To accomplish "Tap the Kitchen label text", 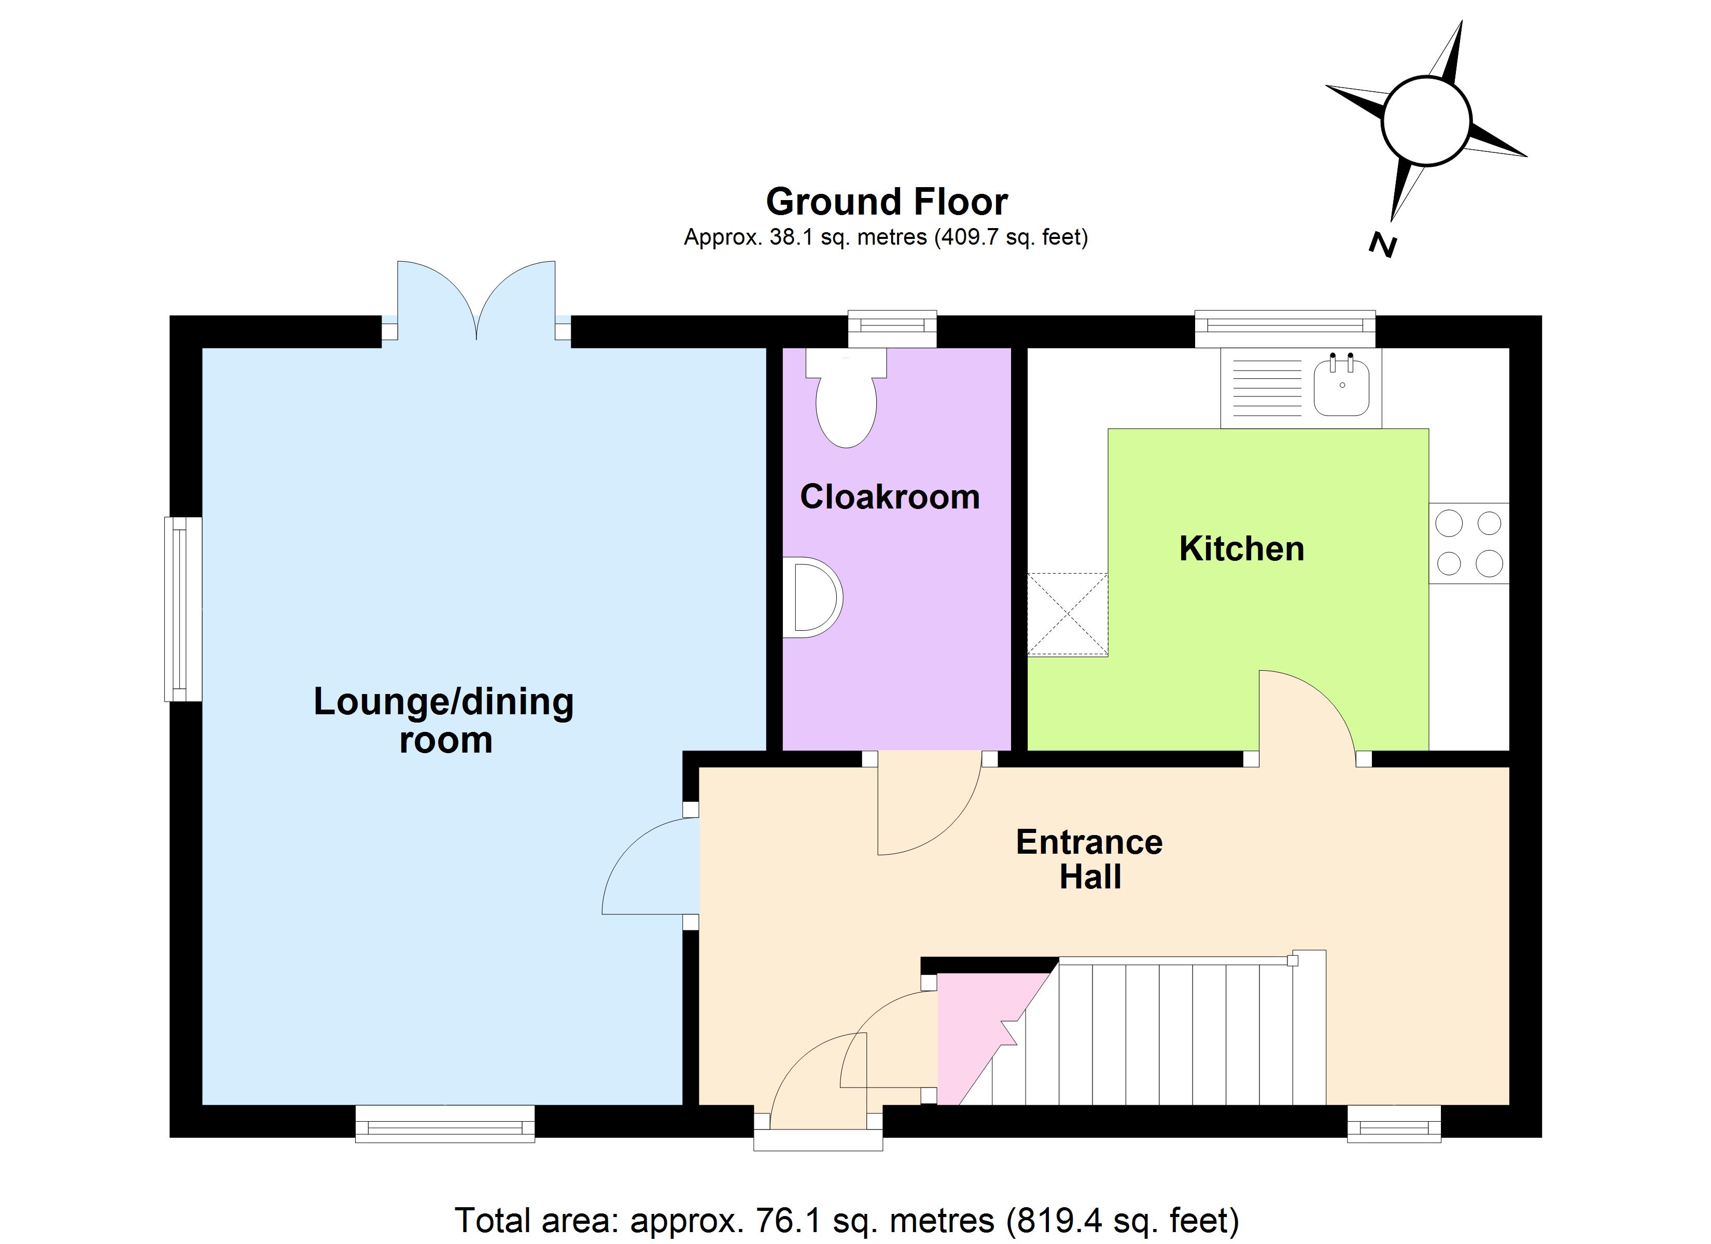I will click(x=1241, y=548).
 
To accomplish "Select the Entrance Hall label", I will click(x=1089, y=859).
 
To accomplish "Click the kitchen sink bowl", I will click(x=1341, y=388).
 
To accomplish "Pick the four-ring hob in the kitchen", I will click(x=1468, y=543).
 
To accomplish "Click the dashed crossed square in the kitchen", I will click(x=1068, y=614).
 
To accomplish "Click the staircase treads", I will click(x=1177, y=1034).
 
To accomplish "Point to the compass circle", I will click(x=1426, y=121).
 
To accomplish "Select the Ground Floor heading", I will click(x=887, y=202).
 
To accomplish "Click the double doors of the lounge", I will click(x=476, y=302).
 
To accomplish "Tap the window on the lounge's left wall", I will click(x=182, y=609).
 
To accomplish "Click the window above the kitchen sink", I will click(x=1285, y=327).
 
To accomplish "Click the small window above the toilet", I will click(x=892, y=327).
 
